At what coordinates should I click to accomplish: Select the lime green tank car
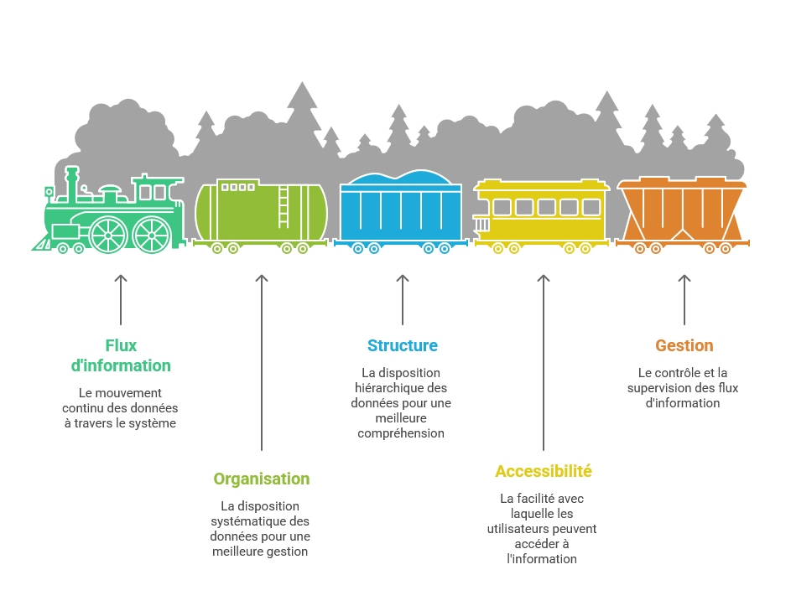click(260, 213)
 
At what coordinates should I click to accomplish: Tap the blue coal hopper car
click(401, 213)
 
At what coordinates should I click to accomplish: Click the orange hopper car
click(683, 214)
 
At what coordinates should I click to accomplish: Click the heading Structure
click(402, 345)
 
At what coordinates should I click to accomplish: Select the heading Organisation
click(261, 479)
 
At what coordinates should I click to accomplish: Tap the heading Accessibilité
click(543, 471)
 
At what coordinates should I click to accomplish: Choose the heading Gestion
click(684, 345)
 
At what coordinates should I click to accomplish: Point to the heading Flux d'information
click(120, 355)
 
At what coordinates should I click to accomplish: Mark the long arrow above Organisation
click(262, 360)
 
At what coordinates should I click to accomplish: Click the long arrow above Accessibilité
click(543, 360)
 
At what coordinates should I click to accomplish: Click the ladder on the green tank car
click(284, 205)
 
